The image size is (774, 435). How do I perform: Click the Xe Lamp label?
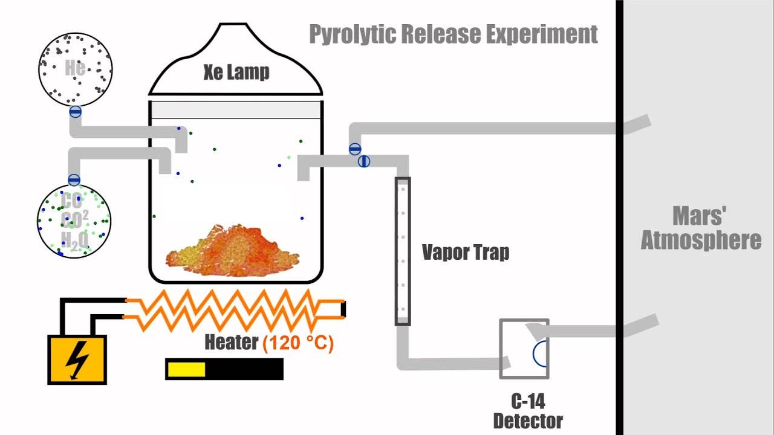pyautogui.click(x=236, y=72)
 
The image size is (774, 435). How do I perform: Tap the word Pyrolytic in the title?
pyautogui.click(x=353, y=34)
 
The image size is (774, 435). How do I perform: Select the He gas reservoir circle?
pyautogui.click(x=75, y=68)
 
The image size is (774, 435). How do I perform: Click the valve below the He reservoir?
pyautogui.click(x=76, y=111)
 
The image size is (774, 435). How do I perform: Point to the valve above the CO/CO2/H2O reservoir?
pyautogui.click(x=74, y=179)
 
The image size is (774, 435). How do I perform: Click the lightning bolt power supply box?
pyautogui.click(x=77, y=359)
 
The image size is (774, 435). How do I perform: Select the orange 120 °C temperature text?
pyautogui.click(x=298, y=343)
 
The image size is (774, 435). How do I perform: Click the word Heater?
pyautogui.click(x=232, y=343)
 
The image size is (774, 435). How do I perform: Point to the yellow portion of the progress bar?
pyautogui.click(x=186, y=369)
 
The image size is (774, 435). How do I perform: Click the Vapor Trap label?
pyautogui.click(x=465, y=252)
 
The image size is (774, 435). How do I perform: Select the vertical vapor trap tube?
pyautogui.click(x=403, y=251)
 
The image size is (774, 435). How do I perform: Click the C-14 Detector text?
pyautogui.click(x=527, y=410)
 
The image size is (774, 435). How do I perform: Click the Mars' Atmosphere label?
pyautogui.click(x=700, y=228)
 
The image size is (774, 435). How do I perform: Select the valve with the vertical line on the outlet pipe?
pyautogui.click(x=363, y=161)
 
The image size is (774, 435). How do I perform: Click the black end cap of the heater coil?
pyautogui.click(x=343, y=308)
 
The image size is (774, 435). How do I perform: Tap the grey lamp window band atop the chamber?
pyautogui.click(x=236, y=109)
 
